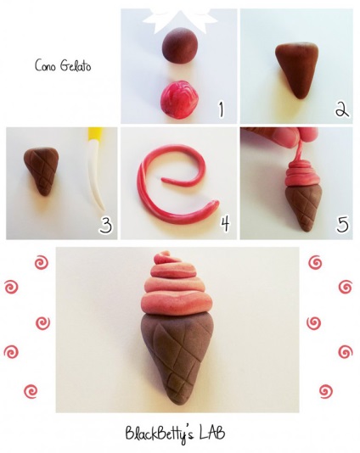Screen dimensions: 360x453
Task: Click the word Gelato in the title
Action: tap(76, 65)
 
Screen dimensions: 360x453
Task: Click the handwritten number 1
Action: tap(221, 109)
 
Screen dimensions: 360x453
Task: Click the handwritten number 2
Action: tap(342, 109)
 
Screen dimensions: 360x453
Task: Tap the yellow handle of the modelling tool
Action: tap(93, 135)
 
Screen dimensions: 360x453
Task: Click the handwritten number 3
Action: tap(105, 225)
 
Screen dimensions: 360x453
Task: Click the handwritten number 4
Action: tap(225, 223)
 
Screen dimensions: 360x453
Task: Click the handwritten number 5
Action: tap(342, 224)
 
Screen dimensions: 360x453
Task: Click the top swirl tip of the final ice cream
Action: tap(163, 254)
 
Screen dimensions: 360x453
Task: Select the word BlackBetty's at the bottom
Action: tap(160, 435)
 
